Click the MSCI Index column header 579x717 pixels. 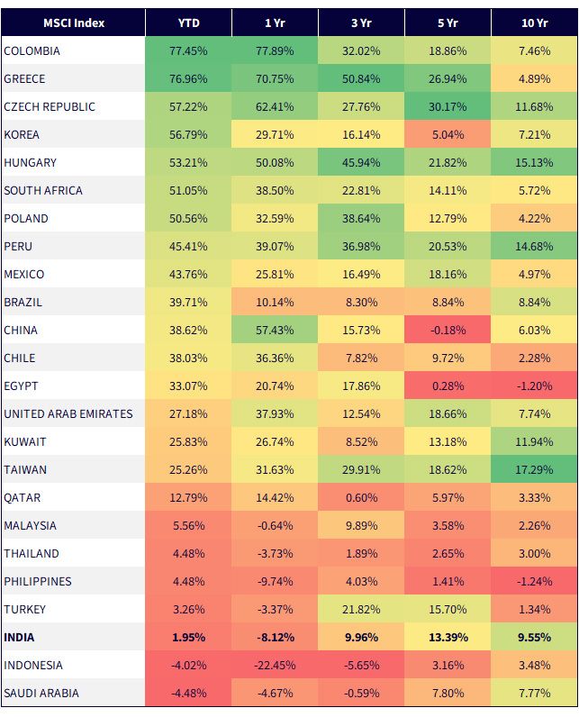coord(74,23)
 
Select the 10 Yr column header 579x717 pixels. coord(534,23)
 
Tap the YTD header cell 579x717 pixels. coord(188,23)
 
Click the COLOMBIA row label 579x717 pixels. coord(32,50)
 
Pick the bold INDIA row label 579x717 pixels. coord(19,637)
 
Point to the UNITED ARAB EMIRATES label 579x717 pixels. coord(68,413)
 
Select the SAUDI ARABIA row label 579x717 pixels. coord(41,693)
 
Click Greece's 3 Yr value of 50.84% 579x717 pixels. coord(361,78)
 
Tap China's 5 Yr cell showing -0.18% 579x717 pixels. coord(448,331)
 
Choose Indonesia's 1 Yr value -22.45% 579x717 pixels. coord(275,665)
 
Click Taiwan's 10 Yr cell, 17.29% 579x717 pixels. coord(534,469)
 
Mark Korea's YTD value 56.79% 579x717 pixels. coord(188,134)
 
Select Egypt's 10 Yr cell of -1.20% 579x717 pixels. coord(534,386)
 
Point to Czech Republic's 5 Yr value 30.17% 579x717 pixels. coord(448,106)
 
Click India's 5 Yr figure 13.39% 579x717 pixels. coord(448,637)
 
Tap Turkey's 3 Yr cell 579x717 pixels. coord(361,609)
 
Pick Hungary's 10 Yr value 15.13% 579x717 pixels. coord(534,162)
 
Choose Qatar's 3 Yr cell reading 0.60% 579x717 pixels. coord(361,497)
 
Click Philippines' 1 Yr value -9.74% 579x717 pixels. coord(275,581)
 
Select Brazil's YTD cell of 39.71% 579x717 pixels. coord(188,303)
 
